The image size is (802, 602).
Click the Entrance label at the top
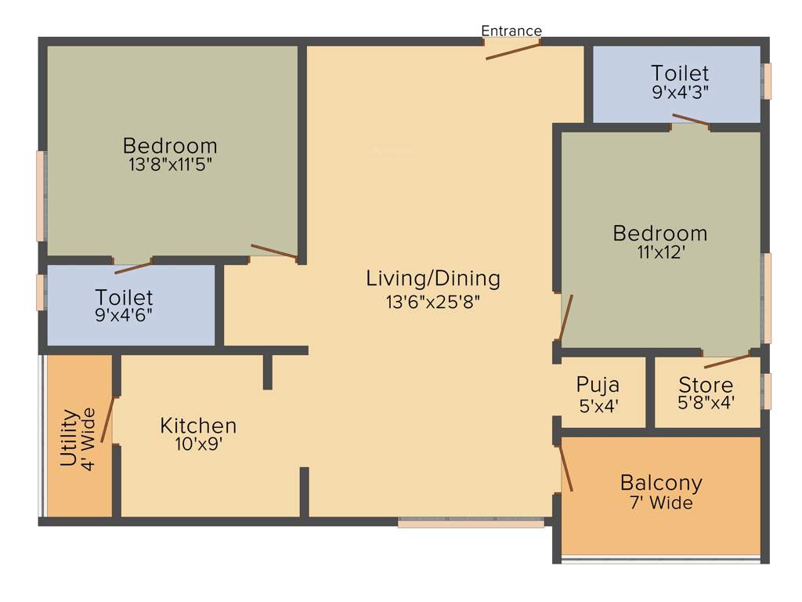point(511,31)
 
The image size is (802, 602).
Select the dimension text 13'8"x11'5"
point(170,165)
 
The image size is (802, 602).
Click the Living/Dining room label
point(433,278)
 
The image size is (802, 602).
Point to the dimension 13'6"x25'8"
point(433,303)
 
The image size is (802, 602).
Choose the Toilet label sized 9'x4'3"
point(680,74)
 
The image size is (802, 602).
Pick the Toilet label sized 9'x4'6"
point(124,298)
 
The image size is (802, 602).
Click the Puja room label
point(598,385)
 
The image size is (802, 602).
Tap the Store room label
point(706,386)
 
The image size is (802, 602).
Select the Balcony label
point(661,482)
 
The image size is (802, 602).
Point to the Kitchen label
point(198,426)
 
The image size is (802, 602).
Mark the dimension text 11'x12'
point(660,252)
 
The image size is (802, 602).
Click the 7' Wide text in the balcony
point(661,503)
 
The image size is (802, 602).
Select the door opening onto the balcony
point(565,469)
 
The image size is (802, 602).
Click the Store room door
point(727,361)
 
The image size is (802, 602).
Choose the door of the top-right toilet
point(691,120)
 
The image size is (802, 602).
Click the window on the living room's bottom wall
point(471,523)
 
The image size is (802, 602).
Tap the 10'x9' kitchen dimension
point(198,444)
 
